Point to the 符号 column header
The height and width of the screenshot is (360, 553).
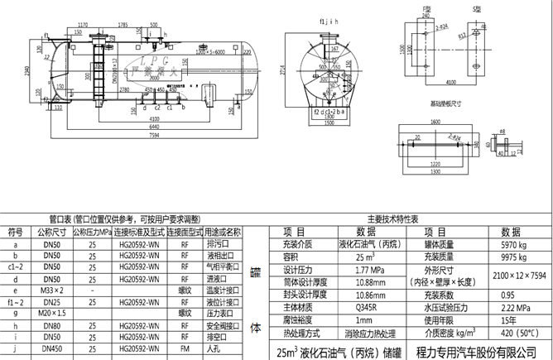(15, 231)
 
